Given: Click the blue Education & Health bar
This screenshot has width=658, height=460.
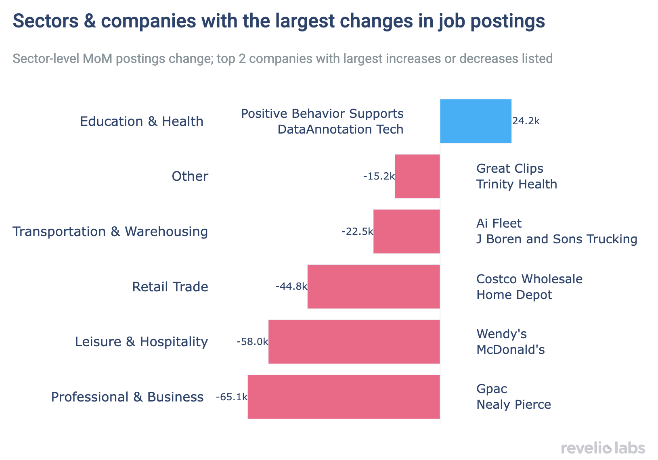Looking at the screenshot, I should [476, 121].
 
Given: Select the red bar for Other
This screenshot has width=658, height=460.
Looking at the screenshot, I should [417, 176].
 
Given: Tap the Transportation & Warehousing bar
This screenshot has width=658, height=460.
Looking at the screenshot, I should [406, 231].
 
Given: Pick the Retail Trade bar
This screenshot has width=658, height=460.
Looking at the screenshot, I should [373, 286].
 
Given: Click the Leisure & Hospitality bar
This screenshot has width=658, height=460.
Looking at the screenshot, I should [354, 342].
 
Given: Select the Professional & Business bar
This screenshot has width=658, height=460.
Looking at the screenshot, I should [343, 397].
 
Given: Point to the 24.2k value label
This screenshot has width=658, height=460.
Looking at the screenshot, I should [526, 121].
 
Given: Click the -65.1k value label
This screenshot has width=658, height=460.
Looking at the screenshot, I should [231, 397].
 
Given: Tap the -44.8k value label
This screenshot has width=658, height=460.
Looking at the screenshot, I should [291, 286].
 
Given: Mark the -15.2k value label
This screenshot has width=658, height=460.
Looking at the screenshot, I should [379, 176].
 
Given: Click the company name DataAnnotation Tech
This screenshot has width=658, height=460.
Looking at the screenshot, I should [340, 130].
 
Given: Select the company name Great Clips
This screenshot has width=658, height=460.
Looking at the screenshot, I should [509, 168].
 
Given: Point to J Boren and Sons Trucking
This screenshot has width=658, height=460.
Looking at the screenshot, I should [557, 239].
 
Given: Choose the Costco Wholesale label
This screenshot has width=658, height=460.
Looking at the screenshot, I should [529, 279].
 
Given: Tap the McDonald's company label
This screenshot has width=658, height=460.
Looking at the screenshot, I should [510, 349].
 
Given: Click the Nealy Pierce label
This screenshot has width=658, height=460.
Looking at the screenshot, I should [513, 405].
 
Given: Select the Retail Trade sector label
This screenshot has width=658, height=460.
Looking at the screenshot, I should [170, 287].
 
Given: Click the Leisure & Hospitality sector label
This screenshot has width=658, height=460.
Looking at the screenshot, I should [141, 342].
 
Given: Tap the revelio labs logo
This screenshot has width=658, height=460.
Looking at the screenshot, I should [603, 448].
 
